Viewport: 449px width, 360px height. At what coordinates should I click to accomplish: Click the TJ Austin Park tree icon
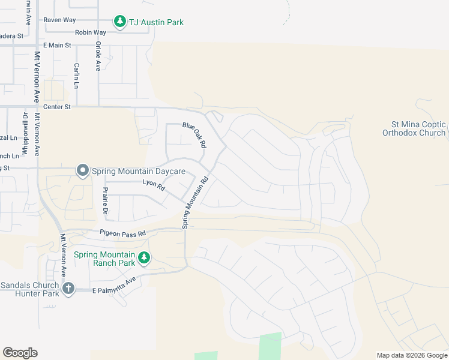[x=120, y=22]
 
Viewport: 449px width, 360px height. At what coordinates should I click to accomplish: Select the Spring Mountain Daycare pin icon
[x=82, y=171]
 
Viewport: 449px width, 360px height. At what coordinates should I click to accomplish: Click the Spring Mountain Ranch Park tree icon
[x=143, y=258]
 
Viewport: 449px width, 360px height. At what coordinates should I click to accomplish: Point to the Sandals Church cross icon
[x=68, y=289]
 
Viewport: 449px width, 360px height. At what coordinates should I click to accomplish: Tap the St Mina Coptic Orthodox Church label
[x=414, y=128]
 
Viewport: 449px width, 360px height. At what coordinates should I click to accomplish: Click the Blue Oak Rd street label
[x=194, y=135]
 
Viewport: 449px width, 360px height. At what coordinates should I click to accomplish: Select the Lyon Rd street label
[x=154, y=187]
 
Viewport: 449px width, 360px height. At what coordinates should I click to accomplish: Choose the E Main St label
[x=57, y=45]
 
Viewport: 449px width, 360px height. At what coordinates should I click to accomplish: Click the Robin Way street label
[x=91, y=32]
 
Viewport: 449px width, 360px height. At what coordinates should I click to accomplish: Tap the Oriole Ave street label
[x=97, y=56]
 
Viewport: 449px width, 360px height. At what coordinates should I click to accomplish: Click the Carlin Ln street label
[x=77, y=76]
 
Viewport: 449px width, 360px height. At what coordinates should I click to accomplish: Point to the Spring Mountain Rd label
[x=195, y=202]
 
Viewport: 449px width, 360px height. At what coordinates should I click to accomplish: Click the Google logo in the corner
[x=20, y=353]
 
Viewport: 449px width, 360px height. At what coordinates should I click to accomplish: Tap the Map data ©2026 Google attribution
[x=412, y=355]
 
